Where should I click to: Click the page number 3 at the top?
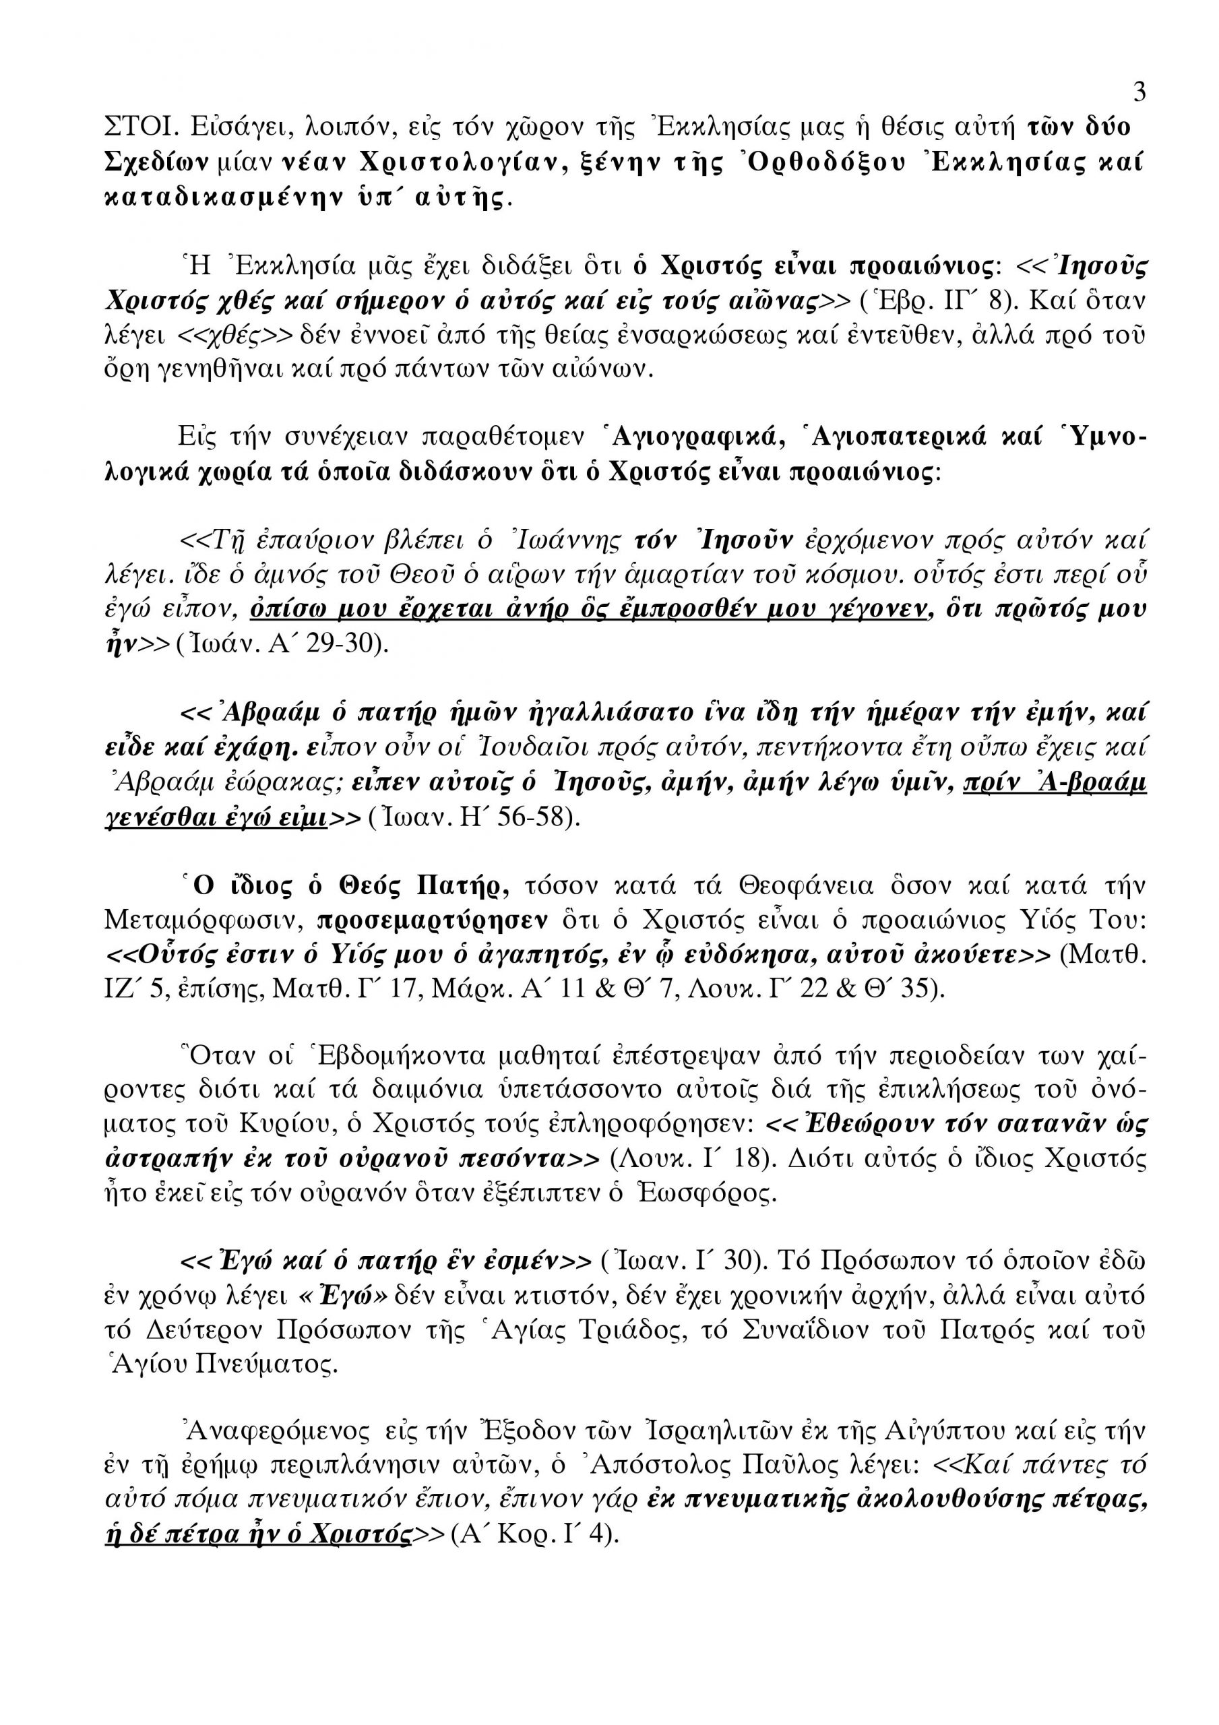click(x=1139, y=92)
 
